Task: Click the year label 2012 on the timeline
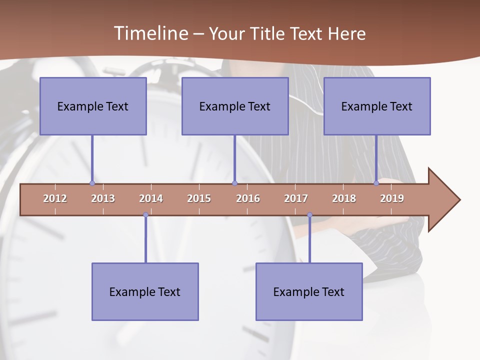pyautogui.click(x=55, y=198)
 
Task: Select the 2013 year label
pyautogui.click(x=103, y=198)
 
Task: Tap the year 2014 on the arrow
pyautogui.click(x=151, y=198)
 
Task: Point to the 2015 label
pyautogui.click(x=199, y=198)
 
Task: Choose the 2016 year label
pyautogui.click(x=248, y=198)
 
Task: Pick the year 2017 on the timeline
pyautogui.click(x=296, y=198)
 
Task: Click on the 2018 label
pyautogui.click(x=344, y=198)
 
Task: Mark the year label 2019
pyautogui.click(x=392, y=198)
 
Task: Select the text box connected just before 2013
pyautogui.click(x=93, y=106)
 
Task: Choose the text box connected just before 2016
pyautogui.click(x=235, y=106)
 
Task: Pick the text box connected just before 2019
pyautogui.click(x=377, y=106)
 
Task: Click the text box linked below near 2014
pyautogui.click(x=145, y=291)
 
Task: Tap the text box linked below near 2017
pyautogui.click(x=309, y=291)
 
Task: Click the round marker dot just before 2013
pyautogui.click(x=92, y=183)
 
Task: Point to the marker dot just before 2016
pyautogui.click(x=234, y=183)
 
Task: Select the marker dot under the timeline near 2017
pyautogui.click(x=309, y=215)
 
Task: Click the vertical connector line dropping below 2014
pyautogui.click(x=145, y=240)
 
